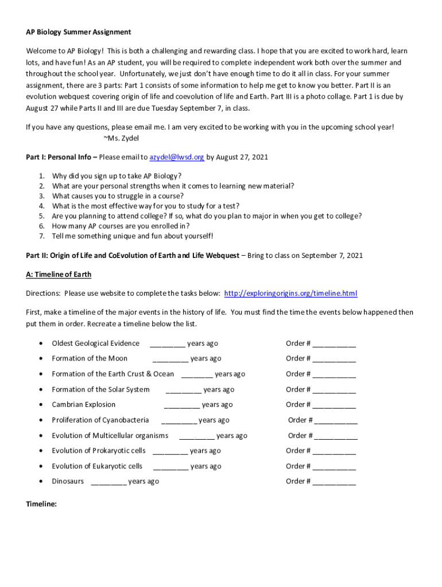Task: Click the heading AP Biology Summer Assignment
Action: [x=78, y=32]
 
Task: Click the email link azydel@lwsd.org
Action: [x=177, y=157]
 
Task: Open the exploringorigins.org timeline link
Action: [x=290, y=293]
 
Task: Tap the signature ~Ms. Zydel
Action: [x=121, y=138]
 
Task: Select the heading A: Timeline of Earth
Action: [x=59, y=275]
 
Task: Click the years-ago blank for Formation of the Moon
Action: [x=170, y=359]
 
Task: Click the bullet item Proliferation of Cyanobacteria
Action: [x=100, y=420]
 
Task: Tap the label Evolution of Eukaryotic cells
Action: [x=97, y=466]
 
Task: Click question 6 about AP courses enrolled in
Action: [x=121, y=226]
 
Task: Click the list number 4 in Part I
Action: [x=42, y=206]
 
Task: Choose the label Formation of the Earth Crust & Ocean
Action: [x=113, y=374]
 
